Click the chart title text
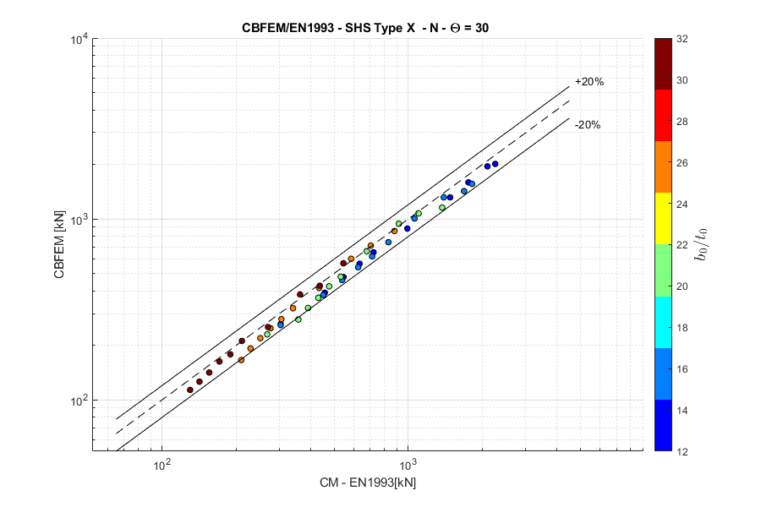364,27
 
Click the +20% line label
589,82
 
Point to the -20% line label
587,125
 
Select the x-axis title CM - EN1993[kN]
367,482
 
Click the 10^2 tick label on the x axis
162,466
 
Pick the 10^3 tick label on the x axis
408,466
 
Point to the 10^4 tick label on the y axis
78,40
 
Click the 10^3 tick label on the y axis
78,220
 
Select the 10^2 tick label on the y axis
78,400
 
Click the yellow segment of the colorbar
664,219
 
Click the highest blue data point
495,164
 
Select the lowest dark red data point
190,390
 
